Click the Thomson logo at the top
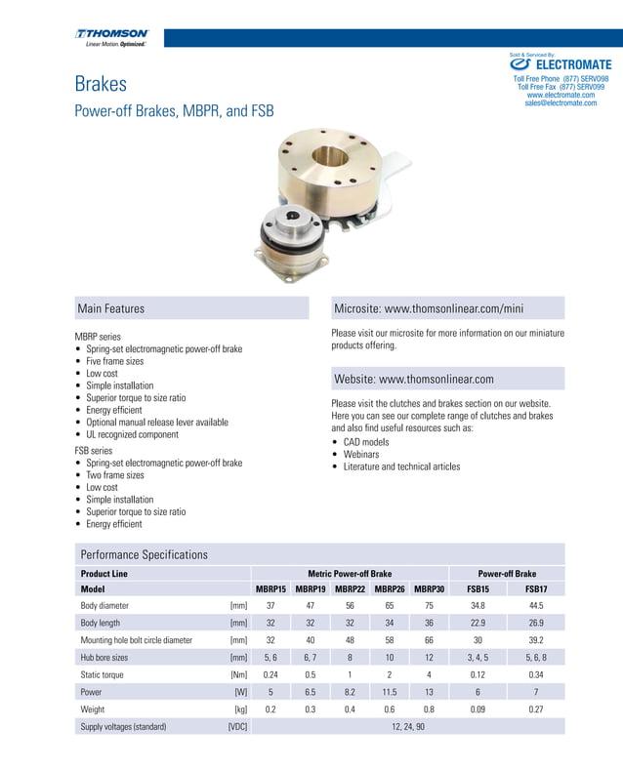(111, 37)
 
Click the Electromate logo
(561, 65)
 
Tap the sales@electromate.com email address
(561, 102)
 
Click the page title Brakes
(101, 85)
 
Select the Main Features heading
(110, 308)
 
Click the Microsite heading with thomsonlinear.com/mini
(429, 308)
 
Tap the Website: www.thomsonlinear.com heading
(414, 379)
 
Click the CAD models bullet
(365, 442)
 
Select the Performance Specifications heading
(144, 554)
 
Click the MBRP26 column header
(389, 589)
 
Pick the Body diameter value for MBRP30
(429, 606)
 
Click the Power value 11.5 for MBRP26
(389, 692)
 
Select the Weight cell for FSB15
(478, 709)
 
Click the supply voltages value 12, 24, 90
(408, 727)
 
